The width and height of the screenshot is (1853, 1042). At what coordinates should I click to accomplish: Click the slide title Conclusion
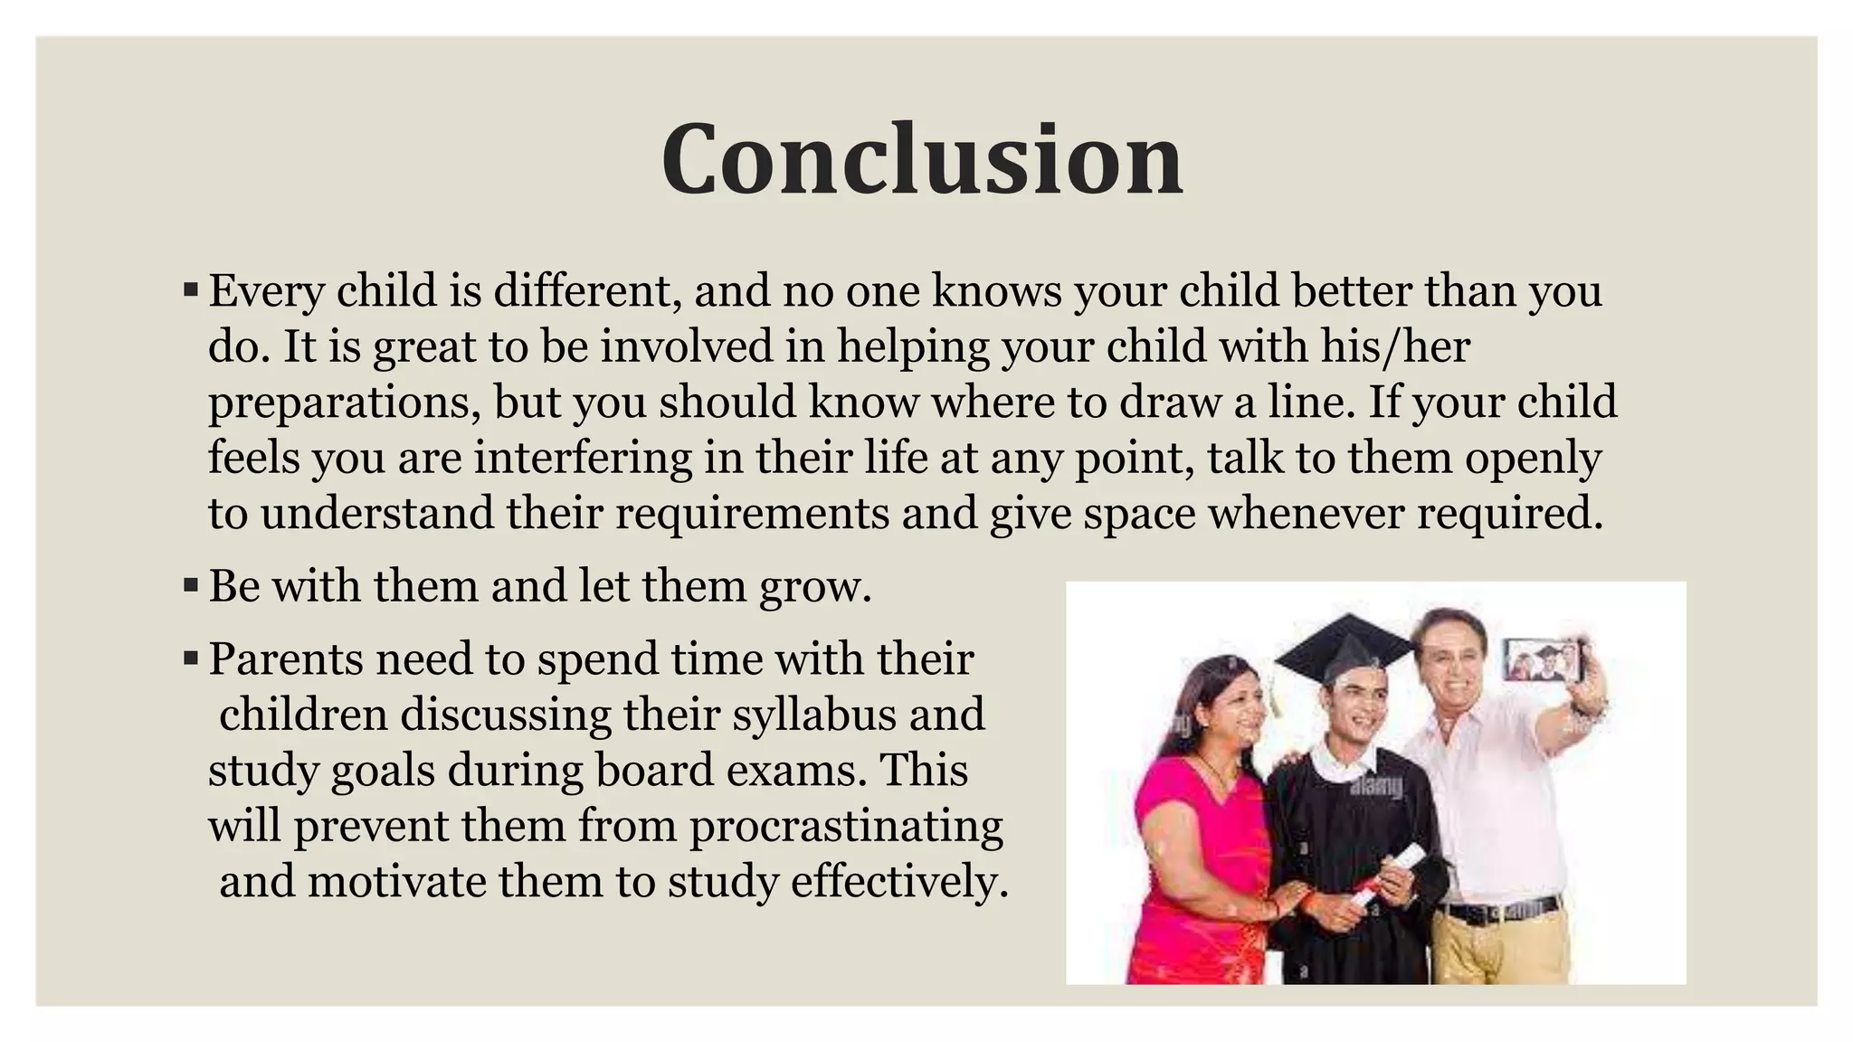[x=922, y=159]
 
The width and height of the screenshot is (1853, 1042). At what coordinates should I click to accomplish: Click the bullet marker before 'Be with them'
[x=190, y=585]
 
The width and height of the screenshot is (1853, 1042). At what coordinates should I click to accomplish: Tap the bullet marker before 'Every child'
[x=190, y=290]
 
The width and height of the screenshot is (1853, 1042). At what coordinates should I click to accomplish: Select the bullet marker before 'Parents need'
[x=190, y=658]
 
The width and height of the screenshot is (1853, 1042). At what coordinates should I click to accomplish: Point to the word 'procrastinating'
[x=846, y=826]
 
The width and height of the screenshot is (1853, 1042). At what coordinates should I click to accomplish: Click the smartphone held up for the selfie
[x=1544, y=660]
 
